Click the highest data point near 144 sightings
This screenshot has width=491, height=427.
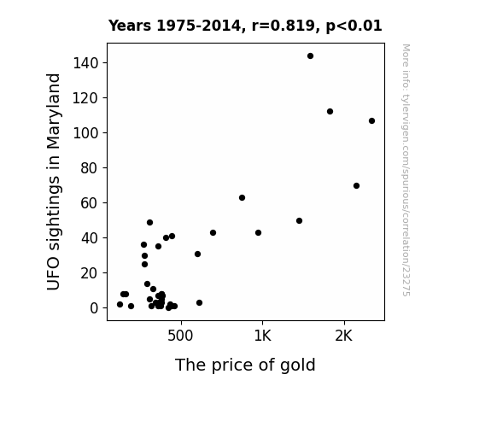click(x=310, y=56)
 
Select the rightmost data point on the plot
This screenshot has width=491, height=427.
click(x=371, y=121)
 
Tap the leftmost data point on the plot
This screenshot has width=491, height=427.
click(x=120, y=305)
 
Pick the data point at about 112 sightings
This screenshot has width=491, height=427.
click(x=330, y=112)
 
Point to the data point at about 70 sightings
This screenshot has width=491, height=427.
click(x=356, y=186)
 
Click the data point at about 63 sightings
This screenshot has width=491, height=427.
click(x=242, y=197)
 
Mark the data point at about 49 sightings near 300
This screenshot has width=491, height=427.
click(x=149, y=222)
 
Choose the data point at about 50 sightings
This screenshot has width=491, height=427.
click(x=299, y=221)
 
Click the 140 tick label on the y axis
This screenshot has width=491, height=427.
click(x=85, y=63)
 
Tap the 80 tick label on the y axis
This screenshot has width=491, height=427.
click(x=90, y=168)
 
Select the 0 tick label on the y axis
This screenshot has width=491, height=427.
click(x=94, y=308)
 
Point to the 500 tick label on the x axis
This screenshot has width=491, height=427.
click(x=180, y=336)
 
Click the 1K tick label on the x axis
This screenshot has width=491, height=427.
click(x=262, y=336)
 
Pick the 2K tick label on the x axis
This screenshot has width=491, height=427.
click(x=344, y=336)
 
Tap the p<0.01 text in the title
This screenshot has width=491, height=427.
click(x=354, y=26)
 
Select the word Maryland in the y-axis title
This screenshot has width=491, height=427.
click(x=53, y=111)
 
